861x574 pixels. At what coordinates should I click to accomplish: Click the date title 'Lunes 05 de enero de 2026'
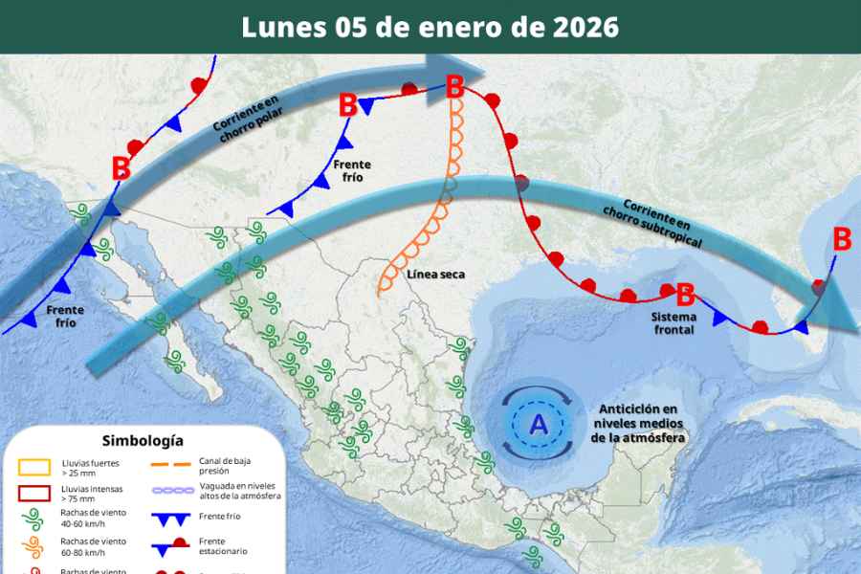(x=430, y=27)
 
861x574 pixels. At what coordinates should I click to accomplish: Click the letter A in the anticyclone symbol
(x=539, y=424)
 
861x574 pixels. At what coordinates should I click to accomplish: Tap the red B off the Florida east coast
(x=842, y=239)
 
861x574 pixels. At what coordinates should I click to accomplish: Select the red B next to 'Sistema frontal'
(x=685, y=295)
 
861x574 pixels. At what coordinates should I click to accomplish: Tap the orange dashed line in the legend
(x=172, y=466)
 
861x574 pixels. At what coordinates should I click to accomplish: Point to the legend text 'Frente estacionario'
(x=225, y=547)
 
